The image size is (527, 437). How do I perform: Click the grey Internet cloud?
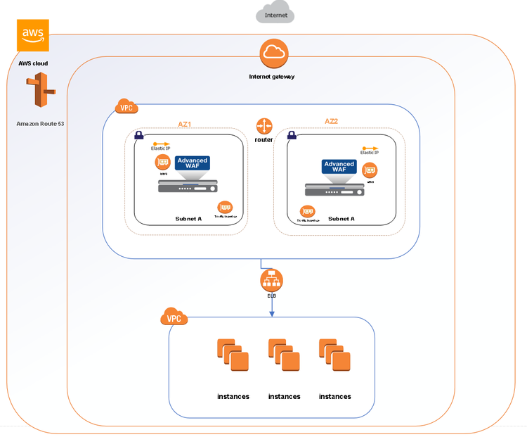tap(275, 14)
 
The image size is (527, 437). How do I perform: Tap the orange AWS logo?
tap(33, 35)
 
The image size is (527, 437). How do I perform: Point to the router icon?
tap(264, 126)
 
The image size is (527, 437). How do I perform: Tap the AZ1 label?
tap(185, 124)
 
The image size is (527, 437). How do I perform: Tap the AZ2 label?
tap(332, 121)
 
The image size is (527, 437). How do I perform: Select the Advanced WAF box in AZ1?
tap(193, 164)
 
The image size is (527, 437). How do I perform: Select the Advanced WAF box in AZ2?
tap(339, 167)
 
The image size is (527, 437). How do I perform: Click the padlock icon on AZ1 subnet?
tap(139, 134)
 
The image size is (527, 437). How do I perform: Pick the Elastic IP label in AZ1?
tap(161, 148)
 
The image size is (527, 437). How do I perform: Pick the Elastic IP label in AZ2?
tap(370, 152)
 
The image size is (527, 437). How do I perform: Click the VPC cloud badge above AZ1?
tap(126, 108)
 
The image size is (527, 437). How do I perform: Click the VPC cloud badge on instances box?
tap(174, 317)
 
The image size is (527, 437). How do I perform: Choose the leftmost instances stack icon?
tap(233, 355)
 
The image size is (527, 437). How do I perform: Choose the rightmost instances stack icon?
tap(334, 355)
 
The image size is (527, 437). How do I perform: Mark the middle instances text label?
tap(284, 396)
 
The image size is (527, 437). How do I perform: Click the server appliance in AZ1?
tap(188, 186)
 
